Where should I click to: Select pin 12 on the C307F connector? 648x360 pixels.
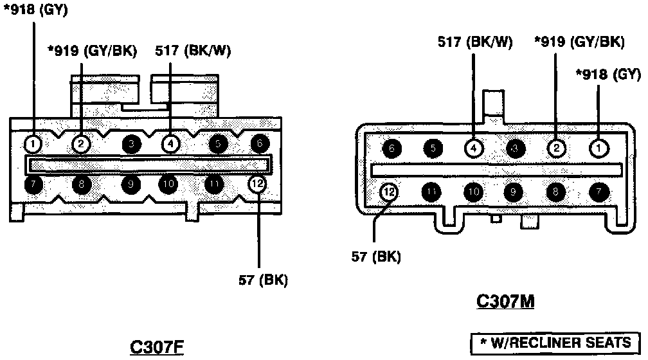[x=256, y=184]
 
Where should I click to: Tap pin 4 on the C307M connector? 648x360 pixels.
[x=473, y=148]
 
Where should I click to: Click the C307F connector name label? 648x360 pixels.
[x=157, y=347]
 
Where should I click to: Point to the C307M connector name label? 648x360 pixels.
[x=506, y=300]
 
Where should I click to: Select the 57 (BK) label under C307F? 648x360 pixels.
[x=263, y=280]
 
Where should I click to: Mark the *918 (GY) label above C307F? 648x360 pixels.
[x=35, y=10]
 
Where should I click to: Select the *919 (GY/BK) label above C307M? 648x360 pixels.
[x=579, y=42]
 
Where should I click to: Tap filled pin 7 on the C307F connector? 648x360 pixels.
[x=33, y=184]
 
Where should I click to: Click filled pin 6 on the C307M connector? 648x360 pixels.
[x=392, y=148]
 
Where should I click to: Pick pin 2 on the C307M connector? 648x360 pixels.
[x=556, y=148]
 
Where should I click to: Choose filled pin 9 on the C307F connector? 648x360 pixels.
[x=130, y=184]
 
